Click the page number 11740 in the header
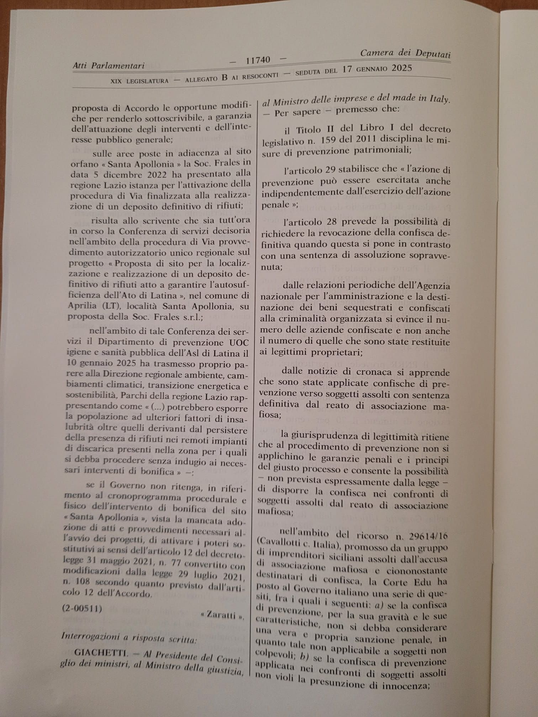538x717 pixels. [258, 60]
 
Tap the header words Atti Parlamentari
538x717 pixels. [109, 65]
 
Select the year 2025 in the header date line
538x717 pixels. [402, 68]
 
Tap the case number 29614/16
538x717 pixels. [428, 536]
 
